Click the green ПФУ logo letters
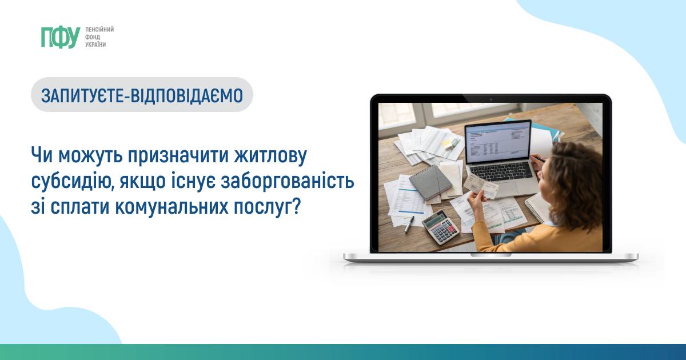pos(61,37)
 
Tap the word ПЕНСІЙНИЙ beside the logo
pos(99,30)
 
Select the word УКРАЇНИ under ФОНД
pos(95,45)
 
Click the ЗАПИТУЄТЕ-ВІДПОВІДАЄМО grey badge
pos(142,95)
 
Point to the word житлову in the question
pos(270,155)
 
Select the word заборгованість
pos(288,182)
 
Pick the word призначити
pos(178,155)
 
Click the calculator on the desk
pos(441,227)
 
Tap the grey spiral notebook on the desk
pos(430,182)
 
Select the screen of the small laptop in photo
pos(498,142)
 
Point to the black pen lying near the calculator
pos(409,225)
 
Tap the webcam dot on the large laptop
pos(490,99)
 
